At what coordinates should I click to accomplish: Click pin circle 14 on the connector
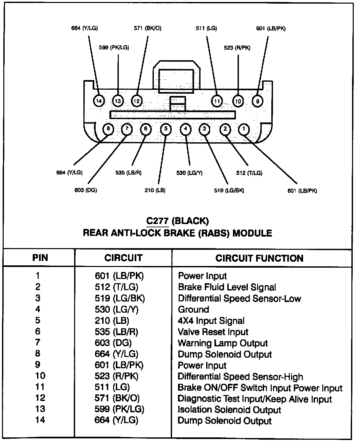click(99, 101)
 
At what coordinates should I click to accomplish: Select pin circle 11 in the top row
click(217, 101)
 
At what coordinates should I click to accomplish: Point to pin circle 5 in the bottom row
click(166, 129)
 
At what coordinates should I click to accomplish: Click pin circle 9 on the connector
click(258, 101)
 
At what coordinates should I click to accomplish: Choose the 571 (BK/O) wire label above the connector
click(148, 28)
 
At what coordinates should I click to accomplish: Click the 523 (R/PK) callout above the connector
click(237, 48)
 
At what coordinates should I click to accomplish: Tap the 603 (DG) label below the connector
click(86, 190)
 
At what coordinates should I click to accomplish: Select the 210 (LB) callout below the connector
click(155, 190)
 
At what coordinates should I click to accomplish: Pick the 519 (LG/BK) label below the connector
click(229, 191)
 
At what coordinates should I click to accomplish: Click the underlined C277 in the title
click(157, 221)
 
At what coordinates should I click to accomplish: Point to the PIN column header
click(40, 258)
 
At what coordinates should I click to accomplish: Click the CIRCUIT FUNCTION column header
click(259, 258)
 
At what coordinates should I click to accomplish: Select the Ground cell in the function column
click(194, 310)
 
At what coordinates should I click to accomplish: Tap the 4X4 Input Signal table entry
click(211, 321)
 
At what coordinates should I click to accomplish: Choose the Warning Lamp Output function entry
click(223, 343)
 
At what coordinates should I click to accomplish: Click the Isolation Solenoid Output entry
click(229, 410)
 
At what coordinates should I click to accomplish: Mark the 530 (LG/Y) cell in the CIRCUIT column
click(116, 310)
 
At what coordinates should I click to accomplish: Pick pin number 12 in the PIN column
click(40, 398)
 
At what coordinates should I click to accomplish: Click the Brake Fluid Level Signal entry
click(227, 287)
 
